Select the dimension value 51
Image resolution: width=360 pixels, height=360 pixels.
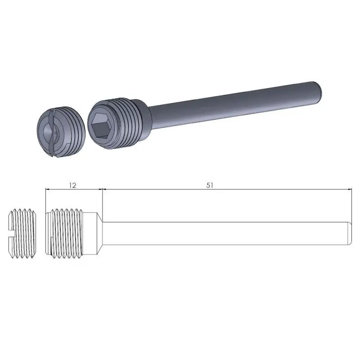coord(210,185)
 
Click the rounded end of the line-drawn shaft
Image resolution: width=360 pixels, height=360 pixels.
coord(349,233)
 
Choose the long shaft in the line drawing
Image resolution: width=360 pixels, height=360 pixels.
coord(225,233)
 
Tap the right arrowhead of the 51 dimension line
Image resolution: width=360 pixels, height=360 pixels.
coord(349,190)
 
